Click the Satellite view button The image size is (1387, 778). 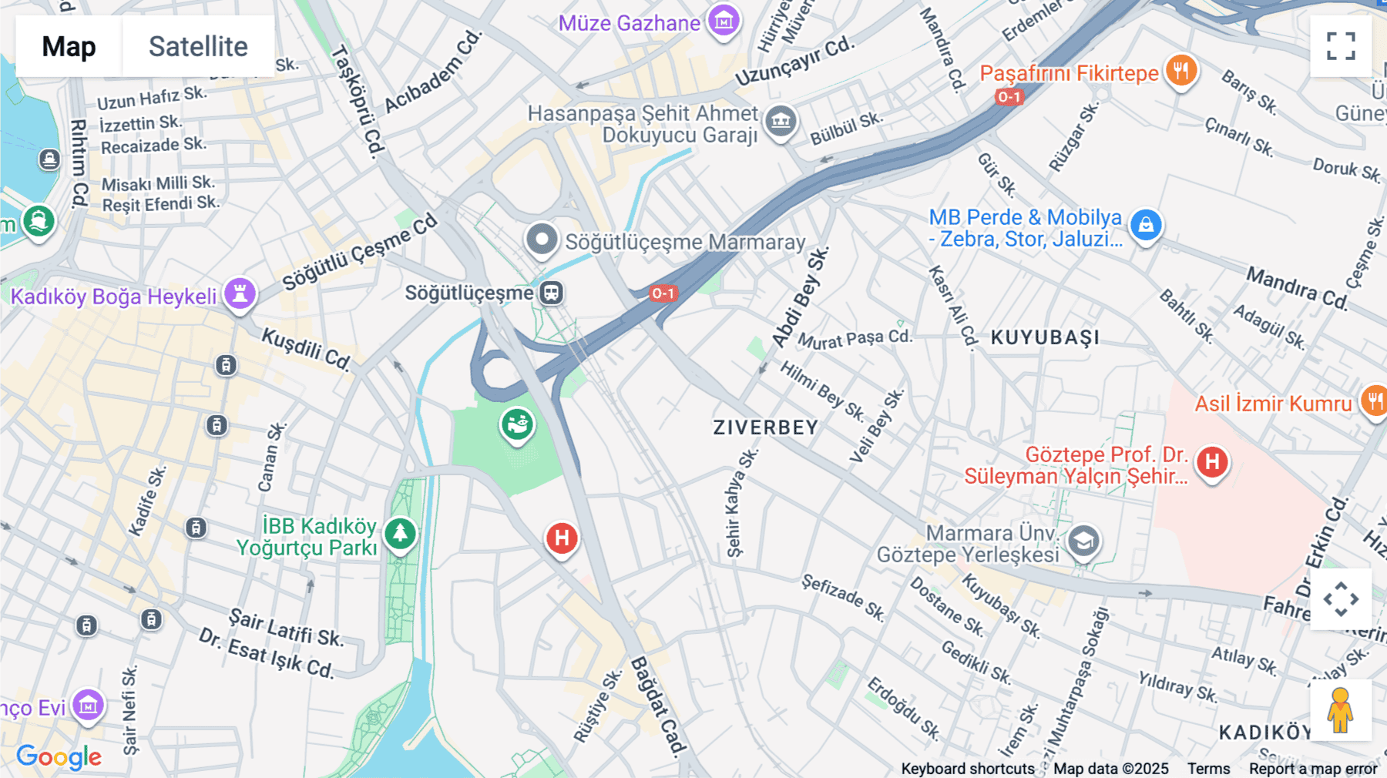coord(198,46)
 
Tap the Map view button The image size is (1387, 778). coord(69,46)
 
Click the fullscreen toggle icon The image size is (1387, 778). coord(1341,46)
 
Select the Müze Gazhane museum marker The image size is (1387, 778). coord(724,21)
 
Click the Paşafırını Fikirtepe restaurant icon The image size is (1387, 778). coord(1180,72)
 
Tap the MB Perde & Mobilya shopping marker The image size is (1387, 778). coord(1146,226)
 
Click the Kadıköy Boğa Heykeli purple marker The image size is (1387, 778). coord(240,294)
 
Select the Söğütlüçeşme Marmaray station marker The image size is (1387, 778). coord(542,240)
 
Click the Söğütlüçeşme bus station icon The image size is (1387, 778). coord(551,293)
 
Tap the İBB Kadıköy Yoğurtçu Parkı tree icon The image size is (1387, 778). coord(400,533)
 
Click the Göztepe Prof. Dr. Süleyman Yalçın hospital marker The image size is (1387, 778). coord(1211,462)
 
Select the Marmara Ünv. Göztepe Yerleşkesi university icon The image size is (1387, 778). coord(1083,541)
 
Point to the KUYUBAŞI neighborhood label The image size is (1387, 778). coord(1045,337)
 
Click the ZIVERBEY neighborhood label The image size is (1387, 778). coord(765,428)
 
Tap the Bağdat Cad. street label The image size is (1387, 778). coord(657,705)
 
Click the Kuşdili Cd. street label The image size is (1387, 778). coord(306,348)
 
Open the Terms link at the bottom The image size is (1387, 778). coord(1208,768)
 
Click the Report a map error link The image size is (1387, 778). coord(1312,768)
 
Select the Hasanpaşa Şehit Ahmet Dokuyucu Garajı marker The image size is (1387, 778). coord(781,121)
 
